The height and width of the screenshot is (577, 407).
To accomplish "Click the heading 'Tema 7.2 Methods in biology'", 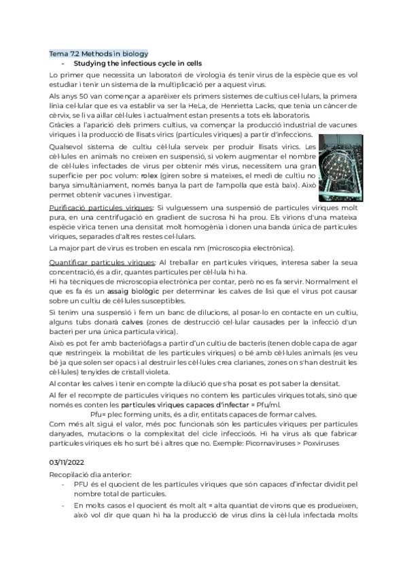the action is tap(99, 54).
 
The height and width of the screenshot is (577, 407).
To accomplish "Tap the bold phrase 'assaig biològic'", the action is tap(100, 290).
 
